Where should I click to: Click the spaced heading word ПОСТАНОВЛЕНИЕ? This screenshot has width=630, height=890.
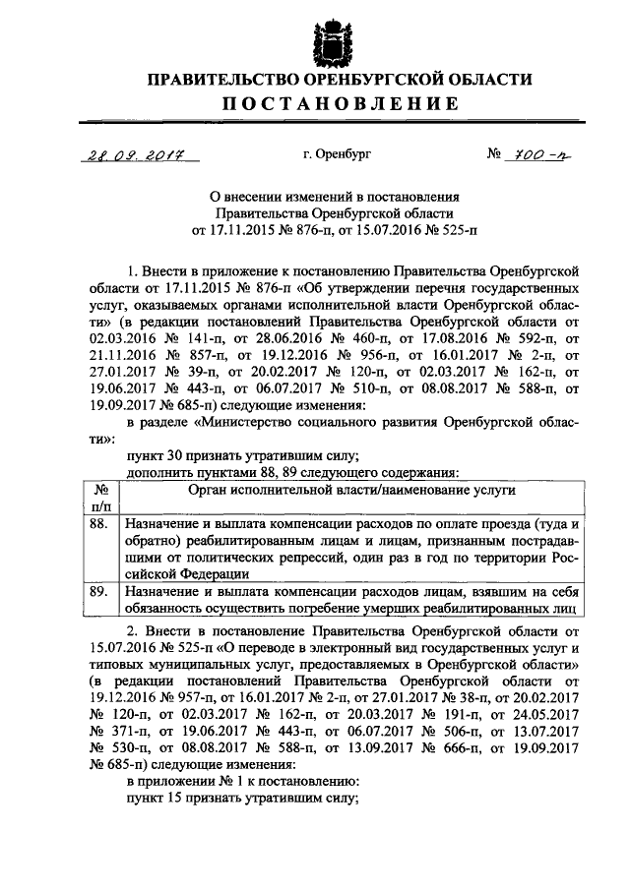[x=325, y=102]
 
